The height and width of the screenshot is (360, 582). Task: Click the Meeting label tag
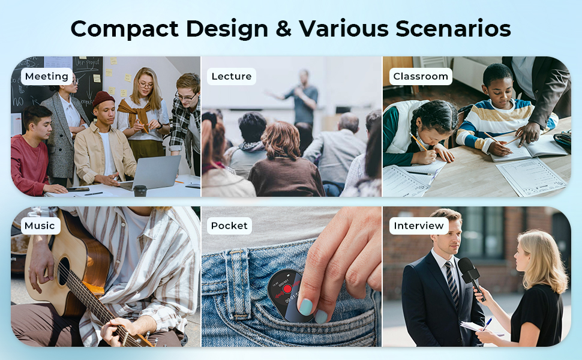[x=47, y=76]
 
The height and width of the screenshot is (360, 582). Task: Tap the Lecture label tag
[x=232, y=76]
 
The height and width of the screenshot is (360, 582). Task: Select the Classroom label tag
[x=421, y=76]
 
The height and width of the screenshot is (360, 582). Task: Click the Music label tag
[x=40, y=226]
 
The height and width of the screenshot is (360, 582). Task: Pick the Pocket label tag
[x=229, y=226]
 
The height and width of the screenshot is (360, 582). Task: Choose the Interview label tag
[x=419, y=226]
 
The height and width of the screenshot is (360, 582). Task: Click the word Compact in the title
[x=125, y=29]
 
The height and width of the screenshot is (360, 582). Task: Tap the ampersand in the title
[x=284, y=29]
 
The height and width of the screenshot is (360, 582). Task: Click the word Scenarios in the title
[x=453, y=29]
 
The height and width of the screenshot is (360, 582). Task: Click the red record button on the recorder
[x=287, y=289]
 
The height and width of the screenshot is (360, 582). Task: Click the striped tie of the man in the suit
[x=452, y=283]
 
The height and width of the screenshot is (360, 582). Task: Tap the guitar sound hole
[x=64, y=272]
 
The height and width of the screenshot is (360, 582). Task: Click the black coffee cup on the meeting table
[x=140, y=190]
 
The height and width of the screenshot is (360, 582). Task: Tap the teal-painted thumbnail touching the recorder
[x=305, y=307]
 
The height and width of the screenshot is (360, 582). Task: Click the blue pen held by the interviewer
[x=487, y=323]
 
